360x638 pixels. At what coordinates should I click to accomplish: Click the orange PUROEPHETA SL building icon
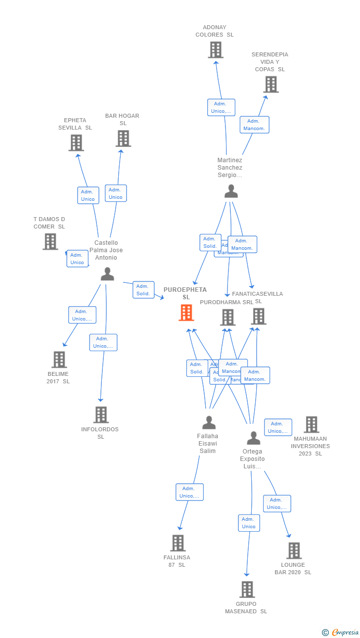pyautogui.click(x=186, y=313)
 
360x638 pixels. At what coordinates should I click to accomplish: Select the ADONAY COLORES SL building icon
pyautogui.click(x=216, y=50)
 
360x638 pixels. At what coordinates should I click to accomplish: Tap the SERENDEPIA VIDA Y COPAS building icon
pyautogui.click(x=271, y=85)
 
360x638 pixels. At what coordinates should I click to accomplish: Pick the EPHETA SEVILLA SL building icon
pyautogui.click(x=76, y=143)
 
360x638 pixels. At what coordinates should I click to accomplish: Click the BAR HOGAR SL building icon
pyautogui.click(x=123, y=138)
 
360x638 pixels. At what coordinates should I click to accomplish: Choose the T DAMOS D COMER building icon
pyautogui.click(x=50, y=241)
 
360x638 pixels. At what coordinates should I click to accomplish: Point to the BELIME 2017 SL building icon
pyautogui.click(x=59, y=360)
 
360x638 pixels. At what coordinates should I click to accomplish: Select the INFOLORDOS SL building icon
pyautogui.click(x=101, y=415)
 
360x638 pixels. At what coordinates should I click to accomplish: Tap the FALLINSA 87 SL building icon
pyautogui.click(x=178, y=543)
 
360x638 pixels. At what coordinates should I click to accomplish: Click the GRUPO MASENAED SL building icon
pyautogui.click(x=247, y=590)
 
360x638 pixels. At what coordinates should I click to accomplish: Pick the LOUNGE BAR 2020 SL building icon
pyautogui.click(x=294, y=550)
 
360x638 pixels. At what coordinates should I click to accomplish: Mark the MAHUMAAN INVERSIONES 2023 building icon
pyautogui.click(x=312, y=424)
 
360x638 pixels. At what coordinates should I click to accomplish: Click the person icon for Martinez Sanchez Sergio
pyautogui.click(x=231, y=191)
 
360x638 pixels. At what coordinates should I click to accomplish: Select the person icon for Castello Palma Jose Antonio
pyautogui.click(x=107, y=274)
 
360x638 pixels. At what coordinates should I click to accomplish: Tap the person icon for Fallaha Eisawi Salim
pyautogui.click(x=209, y=423)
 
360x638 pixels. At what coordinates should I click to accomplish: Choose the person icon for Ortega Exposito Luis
pyautogui.click(x=254, y=438)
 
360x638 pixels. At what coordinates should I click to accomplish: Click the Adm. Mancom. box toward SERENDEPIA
pyautogui.click(x=255, y=125)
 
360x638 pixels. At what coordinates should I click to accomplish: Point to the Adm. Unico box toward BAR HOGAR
pyautogui.click(x=116, y=193)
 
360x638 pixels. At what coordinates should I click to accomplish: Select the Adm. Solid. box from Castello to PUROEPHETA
pyautogui.click(x=143, y=290)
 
